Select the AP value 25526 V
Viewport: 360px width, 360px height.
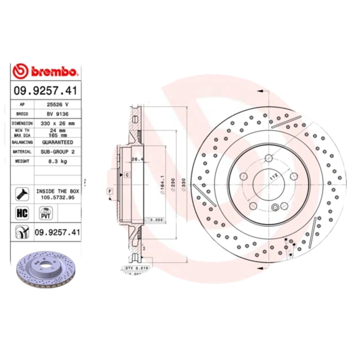tap(57, 104)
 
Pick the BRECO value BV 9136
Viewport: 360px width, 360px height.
tap(57, 113)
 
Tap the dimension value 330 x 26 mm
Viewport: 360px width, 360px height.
tap(58, 123)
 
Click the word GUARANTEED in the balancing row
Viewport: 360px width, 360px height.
tap(58, 142)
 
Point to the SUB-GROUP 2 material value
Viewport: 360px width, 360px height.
tap(58, 152)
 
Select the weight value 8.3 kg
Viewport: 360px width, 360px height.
tap(57, 161)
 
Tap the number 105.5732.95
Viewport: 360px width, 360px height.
tap(57, 197)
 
